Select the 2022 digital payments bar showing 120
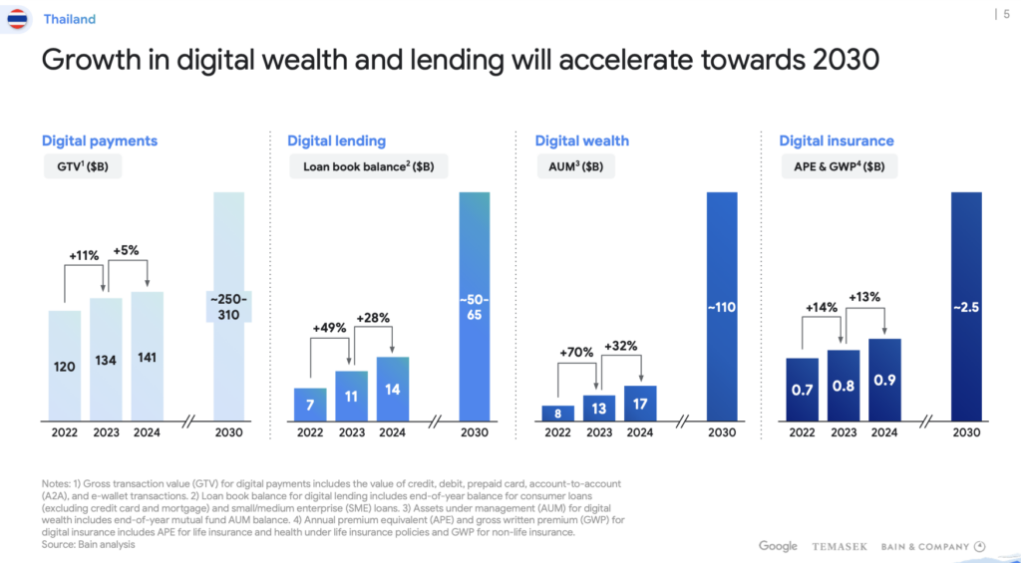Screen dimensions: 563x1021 pyautogui.click(x=64, y=365)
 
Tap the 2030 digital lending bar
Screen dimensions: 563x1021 pyautogui.click(x=475, y=305)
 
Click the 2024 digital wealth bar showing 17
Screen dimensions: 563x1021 pyautogui.click(x=640, y=403)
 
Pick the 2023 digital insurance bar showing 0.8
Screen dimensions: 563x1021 pyautogui.click(x=844, y=385)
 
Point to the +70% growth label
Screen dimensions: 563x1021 pyautogui.click(x=576, y=352)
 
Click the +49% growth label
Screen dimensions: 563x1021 pyautogui.click(x=330, y=327)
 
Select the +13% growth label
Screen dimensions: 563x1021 pyautogui.click(x=864, y=297)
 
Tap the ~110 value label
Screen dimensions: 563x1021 pyautogui.click(x=721, y=308)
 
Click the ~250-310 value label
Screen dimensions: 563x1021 pyautogui.click(x=229, y=307)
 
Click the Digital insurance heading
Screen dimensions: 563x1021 pyautogui.click(x=837, y=141)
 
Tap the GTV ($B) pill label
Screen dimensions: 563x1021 pyautogui.click(x=82, y=166)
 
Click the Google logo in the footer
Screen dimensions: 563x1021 pyautogui.click(x=778, y=546)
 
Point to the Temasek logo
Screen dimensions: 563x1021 pyautogui.click(x=840, y=546)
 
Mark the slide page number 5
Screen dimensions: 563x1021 pyautogui.click(x=1004, y=13)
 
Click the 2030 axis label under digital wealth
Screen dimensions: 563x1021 pyautogui.click(x=721, y=432)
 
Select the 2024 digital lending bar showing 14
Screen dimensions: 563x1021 pyautogui.click(x=393, y=389)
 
